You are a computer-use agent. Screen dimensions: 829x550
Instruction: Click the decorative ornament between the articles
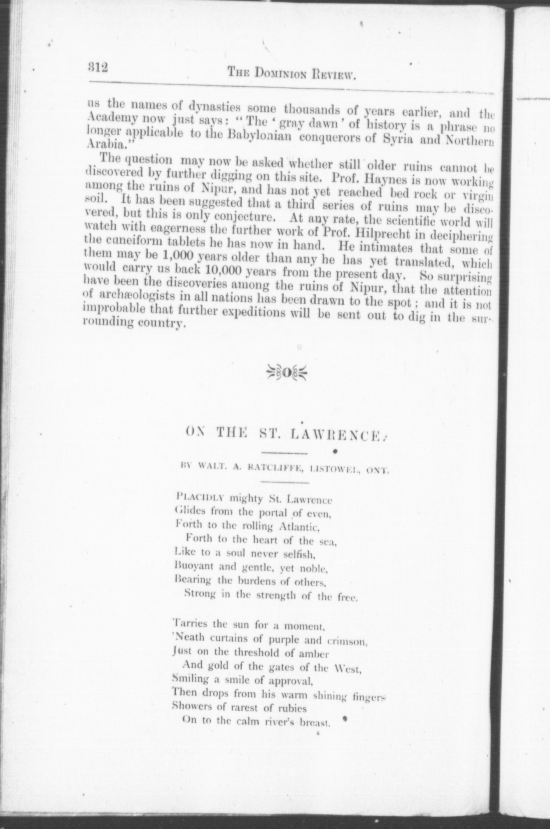(x=287, y=373)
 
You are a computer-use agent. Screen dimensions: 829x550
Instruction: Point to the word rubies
(x=291, y=708)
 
